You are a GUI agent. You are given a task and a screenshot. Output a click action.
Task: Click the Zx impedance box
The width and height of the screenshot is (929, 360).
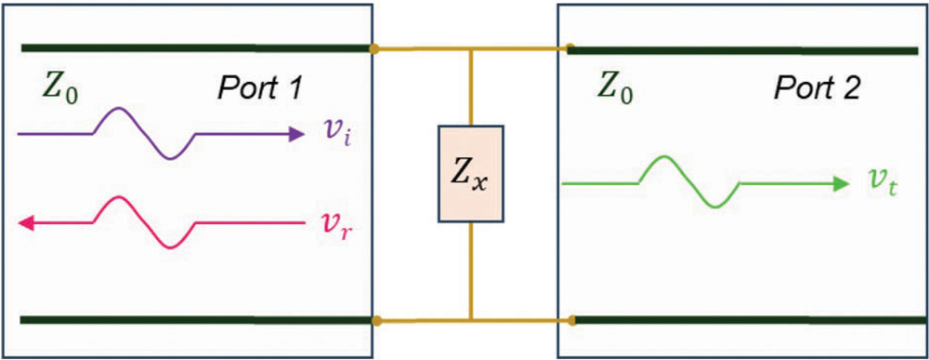point(471,175)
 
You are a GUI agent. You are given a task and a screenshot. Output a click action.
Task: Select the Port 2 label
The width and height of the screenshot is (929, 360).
point(818,88)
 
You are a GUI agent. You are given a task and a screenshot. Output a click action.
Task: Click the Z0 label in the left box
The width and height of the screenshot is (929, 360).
point(59,87)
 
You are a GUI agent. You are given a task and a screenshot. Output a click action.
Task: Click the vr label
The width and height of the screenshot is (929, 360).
point(338,223)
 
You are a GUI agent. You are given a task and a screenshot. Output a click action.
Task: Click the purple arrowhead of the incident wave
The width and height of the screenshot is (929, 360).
point(296,134)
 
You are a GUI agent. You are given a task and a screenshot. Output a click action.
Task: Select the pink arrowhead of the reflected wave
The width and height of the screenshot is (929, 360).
point(27,222)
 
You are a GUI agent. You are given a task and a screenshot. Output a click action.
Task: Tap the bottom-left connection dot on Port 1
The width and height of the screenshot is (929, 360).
point(374,321)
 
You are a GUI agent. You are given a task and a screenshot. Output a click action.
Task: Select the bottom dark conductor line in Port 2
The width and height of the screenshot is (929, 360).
point(743,321)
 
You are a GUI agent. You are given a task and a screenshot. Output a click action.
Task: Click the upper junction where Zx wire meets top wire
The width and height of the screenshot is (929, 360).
point(472,47)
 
